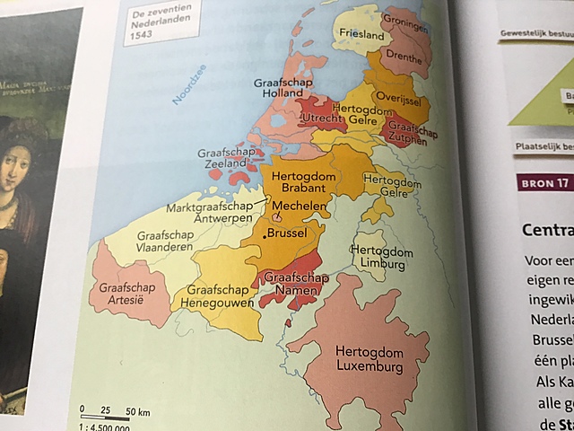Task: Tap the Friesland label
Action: [361, 34]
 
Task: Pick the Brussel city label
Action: [296, 233]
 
